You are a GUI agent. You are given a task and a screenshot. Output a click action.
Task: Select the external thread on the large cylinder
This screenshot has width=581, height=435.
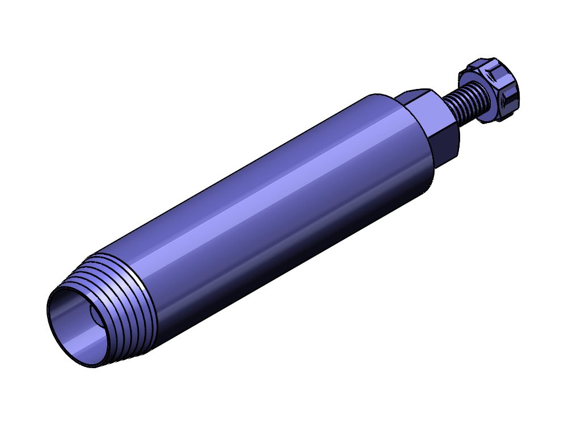coord(122,306)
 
